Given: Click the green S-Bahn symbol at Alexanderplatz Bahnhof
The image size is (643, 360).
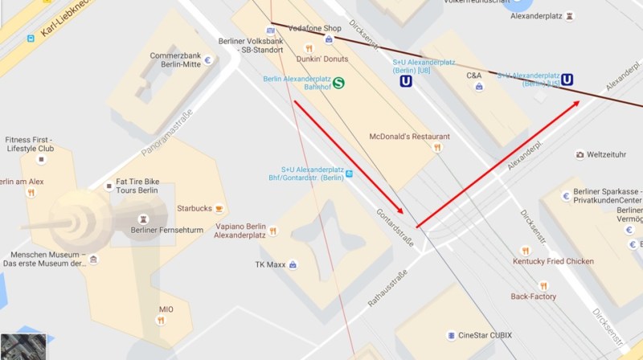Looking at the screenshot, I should (339, 82).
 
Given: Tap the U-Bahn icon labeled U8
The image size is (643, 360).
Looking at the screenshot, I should (407, 80).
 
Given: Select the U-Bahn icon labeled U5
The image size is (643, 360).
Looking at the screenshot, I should (568, 79).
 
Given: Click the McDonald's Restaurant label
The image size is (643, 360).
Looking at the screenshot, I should (409, 137).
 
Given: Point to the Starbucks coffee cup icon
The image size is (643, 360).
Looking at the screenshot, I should (219, 209).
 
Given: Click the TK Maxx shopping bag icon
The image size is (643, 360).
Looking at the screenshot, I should (293, 264).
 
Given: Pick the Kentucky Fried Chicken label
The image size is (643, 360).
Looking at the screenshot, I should (553, 261).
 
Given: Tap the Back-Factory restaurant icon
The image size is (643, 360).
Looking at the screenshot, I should (543, 285).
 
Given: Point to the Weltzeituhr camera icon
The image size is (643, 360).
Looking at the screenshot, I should (580, 154).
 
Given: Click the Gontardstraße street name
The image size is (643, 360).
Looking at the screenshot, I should (395, 228).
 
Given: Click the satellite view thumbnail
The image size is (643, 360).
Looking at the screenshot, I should (23, 346).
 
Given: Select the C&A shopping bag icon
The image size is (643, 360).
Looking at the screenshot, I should (480, 87).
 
